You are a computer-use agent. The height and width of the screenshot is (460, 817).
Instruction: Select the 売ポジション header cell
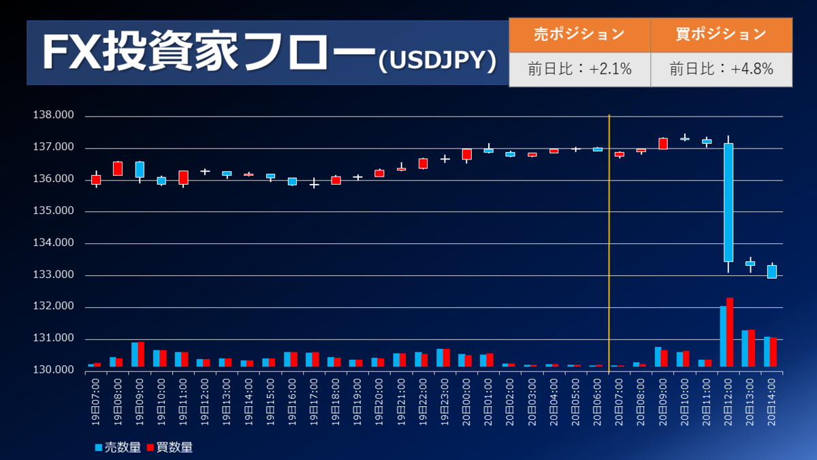[x=579, y=34]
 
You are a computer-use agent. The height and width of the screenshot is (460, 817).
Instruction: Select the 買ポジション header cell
[x=721, y=34]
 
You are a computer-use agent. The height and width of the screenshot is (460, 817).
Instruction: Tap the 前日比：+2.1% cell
[x=579, y=69]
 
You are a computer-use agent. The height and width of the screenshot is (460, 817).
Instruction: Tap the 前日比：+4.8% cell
[x=721, y=69]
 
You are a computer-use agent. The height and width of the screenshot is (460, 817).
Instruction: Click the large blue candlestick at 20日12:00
[x=728, y=202]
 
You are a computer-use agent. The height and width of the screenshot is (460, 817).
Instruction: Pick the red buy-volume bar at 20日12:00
[x=730, y=333]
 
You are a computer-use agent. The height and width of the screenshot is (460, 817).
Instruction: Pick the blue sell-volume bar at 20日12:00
[x=723, y=337]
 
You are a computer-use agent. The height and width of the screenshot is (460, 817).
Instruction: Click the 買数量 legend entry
[x=170, y=447]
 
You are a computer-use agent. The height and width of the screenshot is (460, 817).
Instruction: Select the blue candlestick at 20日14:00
[x=771, y=271]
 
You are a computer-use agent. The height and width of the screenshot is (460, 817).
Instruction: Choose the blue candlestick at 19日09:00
[x=140, y=170]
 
